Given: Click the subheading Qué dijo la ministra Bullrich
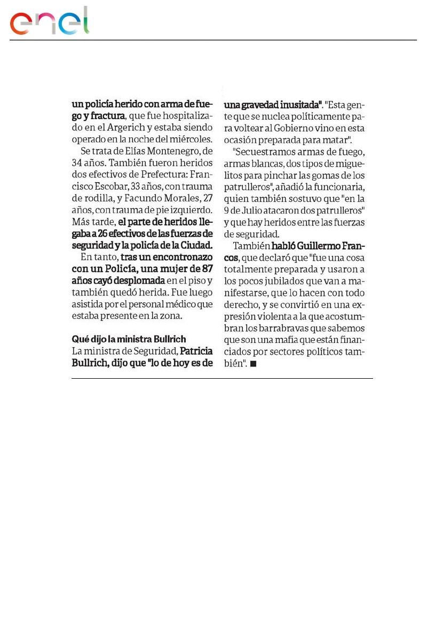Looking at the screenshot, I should [129, 340].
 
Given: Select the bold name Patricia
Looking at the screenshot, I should [196, 351].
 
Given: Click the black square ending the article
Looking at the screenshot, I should [253, 364].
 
